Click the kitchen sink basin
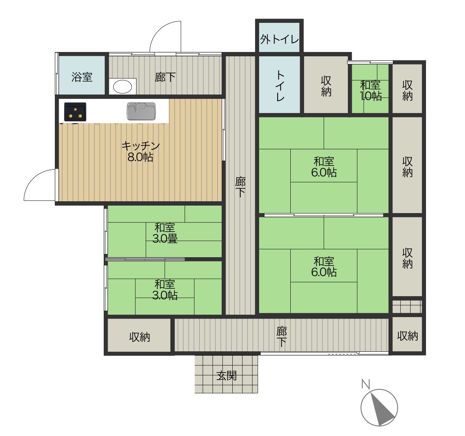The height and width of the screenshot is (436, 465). pyautogui.click(x=142, y=111)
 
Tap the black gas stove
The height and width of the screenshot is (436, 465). pyautogui.click(x=75, y=112)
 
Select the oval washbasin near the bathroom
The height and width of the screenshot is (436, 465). pyautogui.click(x=123, y=87)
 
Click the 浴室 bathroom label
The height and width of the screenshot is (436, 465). pyautogui.click(x=82, y=77)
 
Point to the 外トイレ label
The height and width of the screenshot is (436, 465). pyautogui.click(x=279, y=39)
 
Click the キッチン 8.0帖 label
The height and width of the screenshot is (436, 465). pyautogui.click(x=140, y=151)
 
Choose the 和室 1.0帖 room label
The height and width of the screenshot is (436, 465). pyautogui.click(x=370, y=91)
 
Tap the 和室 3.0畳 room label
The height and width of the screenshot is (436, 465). pyautogui.click(x=165, y=233)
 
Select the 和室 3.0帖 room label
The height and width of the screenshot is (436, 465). pyautogui.click(x=165, y=289)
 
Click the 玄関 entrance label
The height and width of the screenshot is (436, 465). pyautogui.click(x=226, y=376)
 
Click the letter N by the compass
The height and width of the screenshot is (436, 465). pyautogui.click(x=366, y=384)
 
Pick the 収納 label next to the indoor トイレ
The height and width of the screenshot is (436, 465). pyautogui.click(x=326, y=86)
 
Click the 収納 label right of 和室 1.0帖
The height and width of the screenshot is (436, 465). pyautogui.click(x=407, y=90)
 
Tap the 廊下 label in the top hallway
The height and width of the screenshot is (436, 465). pyautogui.click(x=165, y=77)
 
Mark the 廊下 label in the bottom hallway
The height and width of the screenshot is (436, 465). pyautogui.click(x=282, y=336)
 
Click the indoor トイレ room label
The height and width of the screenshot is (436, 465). pyautogui.click(x=280, y=85)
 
